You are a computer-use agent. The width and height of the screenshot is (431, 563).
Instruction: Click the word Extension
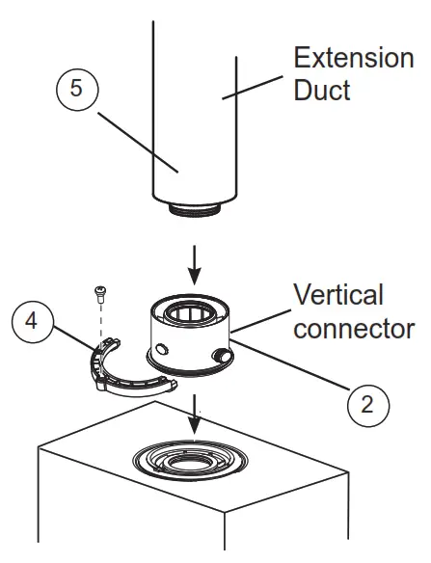pyautogui.click(x=353, y=57)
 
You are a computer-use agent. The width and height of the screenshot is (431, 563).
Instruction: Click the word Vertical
pyautogui.click(x=337, y=294)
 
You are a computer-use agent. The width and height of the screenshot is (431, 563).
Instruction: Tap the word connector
pyautogui.click(x=353, y=328)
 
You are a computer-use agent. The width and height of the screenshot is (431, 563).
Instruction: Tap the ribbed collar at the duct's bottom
pyautogui.click(x=196, y=206)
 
